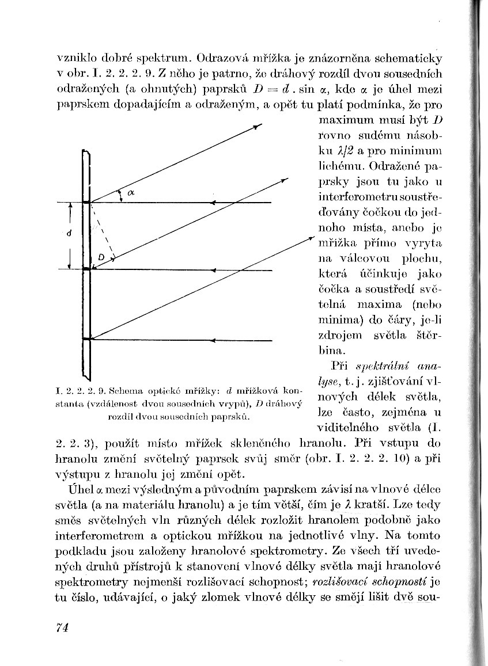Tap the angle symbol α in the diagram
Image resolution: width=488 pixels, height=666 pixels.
coord(131,194)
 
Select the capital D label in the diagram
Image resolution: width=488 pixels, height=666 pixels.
coord(100,257)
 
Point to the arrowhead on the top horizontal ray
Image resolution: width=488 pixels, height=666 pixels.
coord(214,203)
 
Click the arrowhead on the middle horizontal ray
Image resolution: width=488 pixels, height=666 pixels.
coord(214,269)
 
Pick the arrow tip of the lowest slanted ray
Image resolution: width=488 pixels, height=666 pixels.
coord(311,237)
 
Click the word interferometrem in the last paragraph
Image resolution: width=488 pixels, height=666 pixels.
coord(99,534)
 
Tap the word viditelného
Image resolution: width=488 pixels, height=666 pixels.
coord(350,427)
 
